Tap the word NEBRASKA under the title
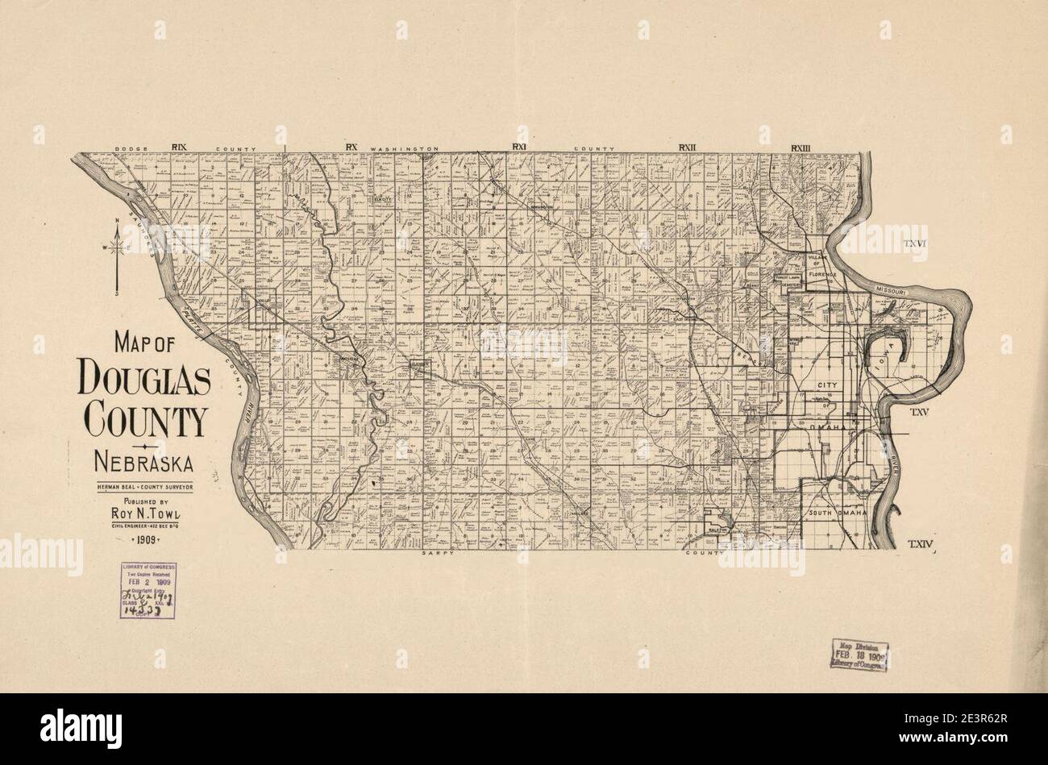[x=143, y=463]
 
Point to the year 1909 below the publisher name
[x=143, y=540]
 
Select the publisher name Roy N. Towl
[x=143, y=512]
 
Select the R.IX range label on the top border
[x=178, y=147]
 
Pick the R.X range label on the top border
[x=351, y=147]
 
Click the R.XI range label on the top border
[x=518, y=147]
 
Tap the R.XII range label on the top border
[x=687, y=147]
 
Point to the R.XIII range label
[x=801, y=147]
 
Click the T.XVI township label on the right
[x=917, y=243]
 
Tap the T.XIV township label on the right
[x=920, y=545]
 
